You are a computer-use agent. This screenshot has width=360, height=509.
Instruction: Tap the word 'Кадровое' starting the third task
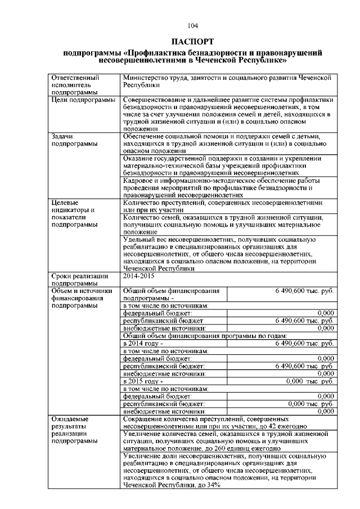coord(138,181)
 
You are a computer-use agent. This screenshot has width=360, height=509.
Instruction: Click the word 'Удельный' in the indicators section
coord(138,239)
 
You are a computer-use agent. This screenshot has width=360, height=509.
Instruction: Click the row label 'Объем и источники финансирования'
coord(82,298)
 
